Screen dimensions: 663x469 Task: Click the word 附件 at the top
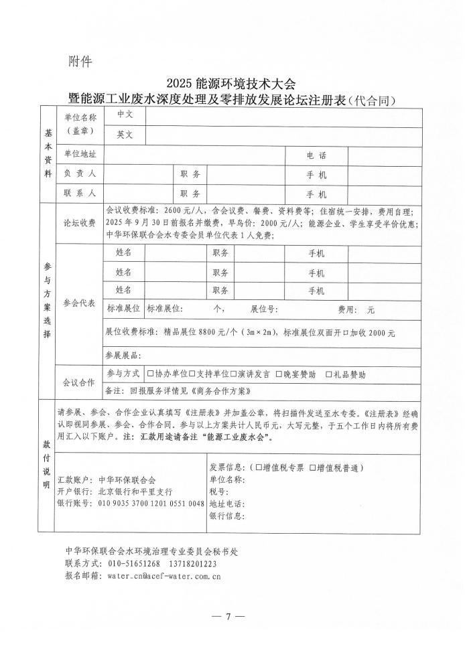click(x=80, y=62)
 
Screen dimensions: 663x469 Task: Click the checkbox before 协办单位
click(x=151, y=374)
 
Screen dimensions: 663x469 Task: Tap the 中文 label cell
click(x=125, y=115)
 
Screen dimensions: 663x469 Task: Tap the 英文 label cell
click(x=125, y=135)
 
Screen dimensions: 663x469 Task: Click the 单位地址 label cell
click(x=80, y=154)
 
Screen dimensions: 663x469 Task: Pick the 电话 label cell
click(x=316, y=155)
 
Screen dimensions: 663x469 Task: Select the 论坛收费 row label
click(x=80, y=224)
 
